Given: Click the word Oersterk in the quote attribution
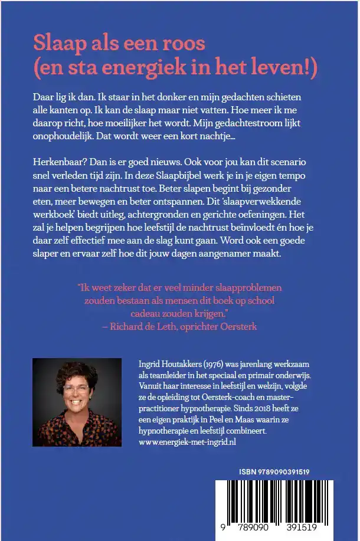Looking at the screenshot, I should point(238,325).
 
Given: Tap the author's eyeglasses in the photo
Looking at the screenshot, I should point(77,389).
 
